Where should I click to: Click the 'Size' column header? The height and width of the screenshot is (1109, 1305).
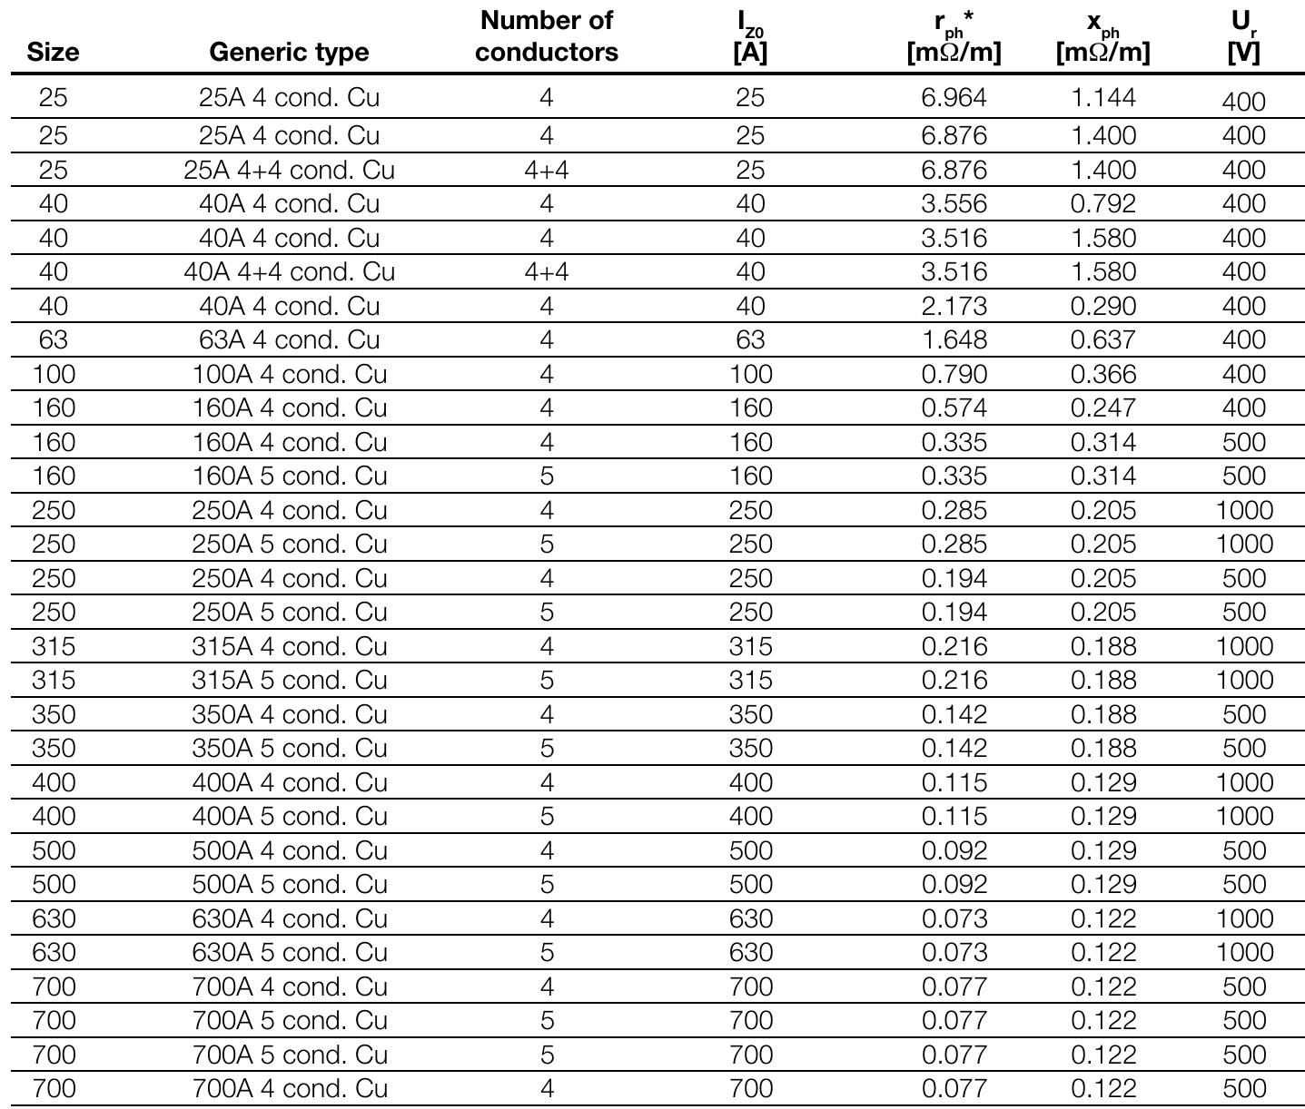[x=53, y=52]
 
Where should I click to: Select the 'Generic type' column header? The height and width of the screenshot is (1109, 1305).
[x=289, y=52]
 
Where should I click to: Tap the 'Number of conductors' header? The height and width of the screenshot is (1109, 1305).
[x=546, y=36]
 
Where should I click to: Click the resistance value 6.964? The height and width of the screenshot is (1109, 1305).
[x=954, y=97]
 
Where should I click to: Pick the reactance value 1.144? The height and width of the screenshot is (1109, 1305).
[x=1102, y=97]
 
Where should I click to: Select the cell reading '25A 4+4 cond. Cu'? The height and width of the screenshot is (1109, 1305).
[x=289, y=170]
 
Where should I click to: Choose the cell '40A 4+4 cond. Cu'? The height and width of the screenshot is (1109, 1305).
[x=289, y=271]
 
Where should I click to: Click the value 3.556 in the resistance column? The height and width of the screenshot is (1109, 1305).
[x=954, y=203]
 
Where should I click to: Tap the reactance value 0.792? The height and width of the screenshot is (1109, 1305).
[x=1102, y=203]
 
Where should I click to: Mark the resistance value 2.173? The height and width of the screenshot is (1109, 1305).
[x=954, y=306]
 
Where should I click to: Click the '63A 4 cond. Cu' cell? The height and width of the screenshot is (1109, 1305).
[x=289, y=339]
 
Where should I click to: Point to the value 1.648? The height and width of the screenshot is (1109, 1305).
[x=954, y=339]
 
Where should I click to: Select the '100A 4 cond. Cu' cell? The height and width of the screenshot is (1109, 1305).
[x=289, y=374]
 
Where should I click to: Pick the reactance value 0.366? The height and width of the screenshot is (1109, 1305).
[x=1102, y=374]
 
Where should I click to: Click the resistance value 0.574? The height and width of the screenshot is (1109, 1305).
[x=954, y=407]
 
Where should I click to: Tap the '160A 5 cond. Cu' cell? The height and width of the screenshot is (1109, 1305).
[x=289, y=476]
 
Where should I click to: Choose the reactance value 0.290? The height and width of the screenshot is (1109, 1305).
[x=1102, y=306]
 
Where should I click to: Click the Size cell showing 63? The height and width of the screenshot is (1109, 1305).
[x=53, y=339]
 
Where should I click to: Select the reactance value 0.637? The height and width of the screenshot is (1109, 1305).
[x=1102, y=339]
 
